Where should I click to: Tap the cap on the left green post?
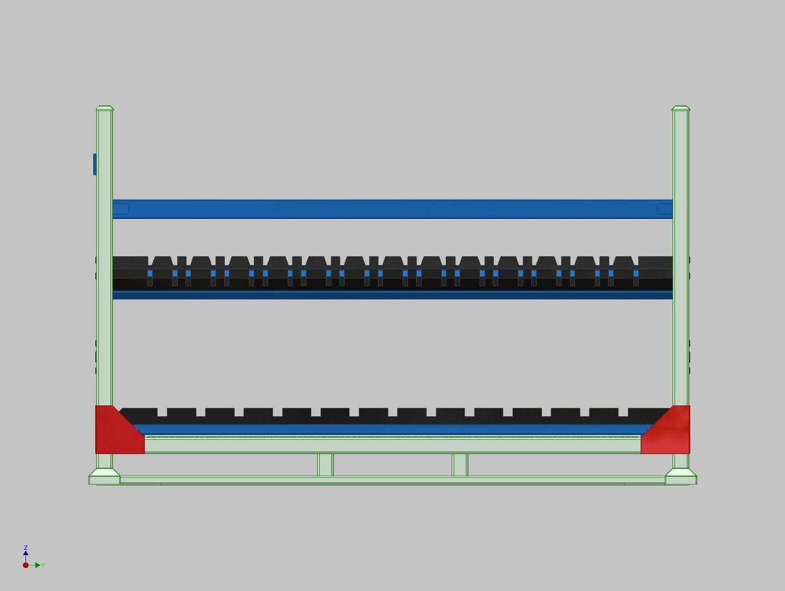105,108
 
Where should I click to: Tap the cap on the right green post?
680,108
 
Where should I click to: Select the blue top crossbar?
393,209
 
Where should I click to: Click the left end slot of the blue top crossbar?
121,209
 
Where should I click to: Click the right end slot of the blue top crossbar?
664,209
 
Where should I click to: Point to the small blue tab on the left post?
95,164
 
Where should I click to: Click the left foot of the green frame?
104,477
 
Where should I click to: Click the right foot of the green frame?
681,477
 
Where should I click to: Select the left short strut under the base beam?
325,464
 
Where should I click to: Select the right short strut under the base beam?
460,464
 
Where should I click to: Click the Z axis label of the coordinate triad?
26,547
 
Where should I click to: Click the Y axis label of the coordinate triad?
43,565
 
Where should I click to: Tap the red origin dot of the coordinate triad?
26,565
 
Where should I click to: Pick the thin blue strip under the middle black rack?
393,295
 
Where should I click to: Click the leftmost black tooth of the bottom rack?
139,412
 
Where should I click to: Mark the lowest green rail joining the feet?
393,481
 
